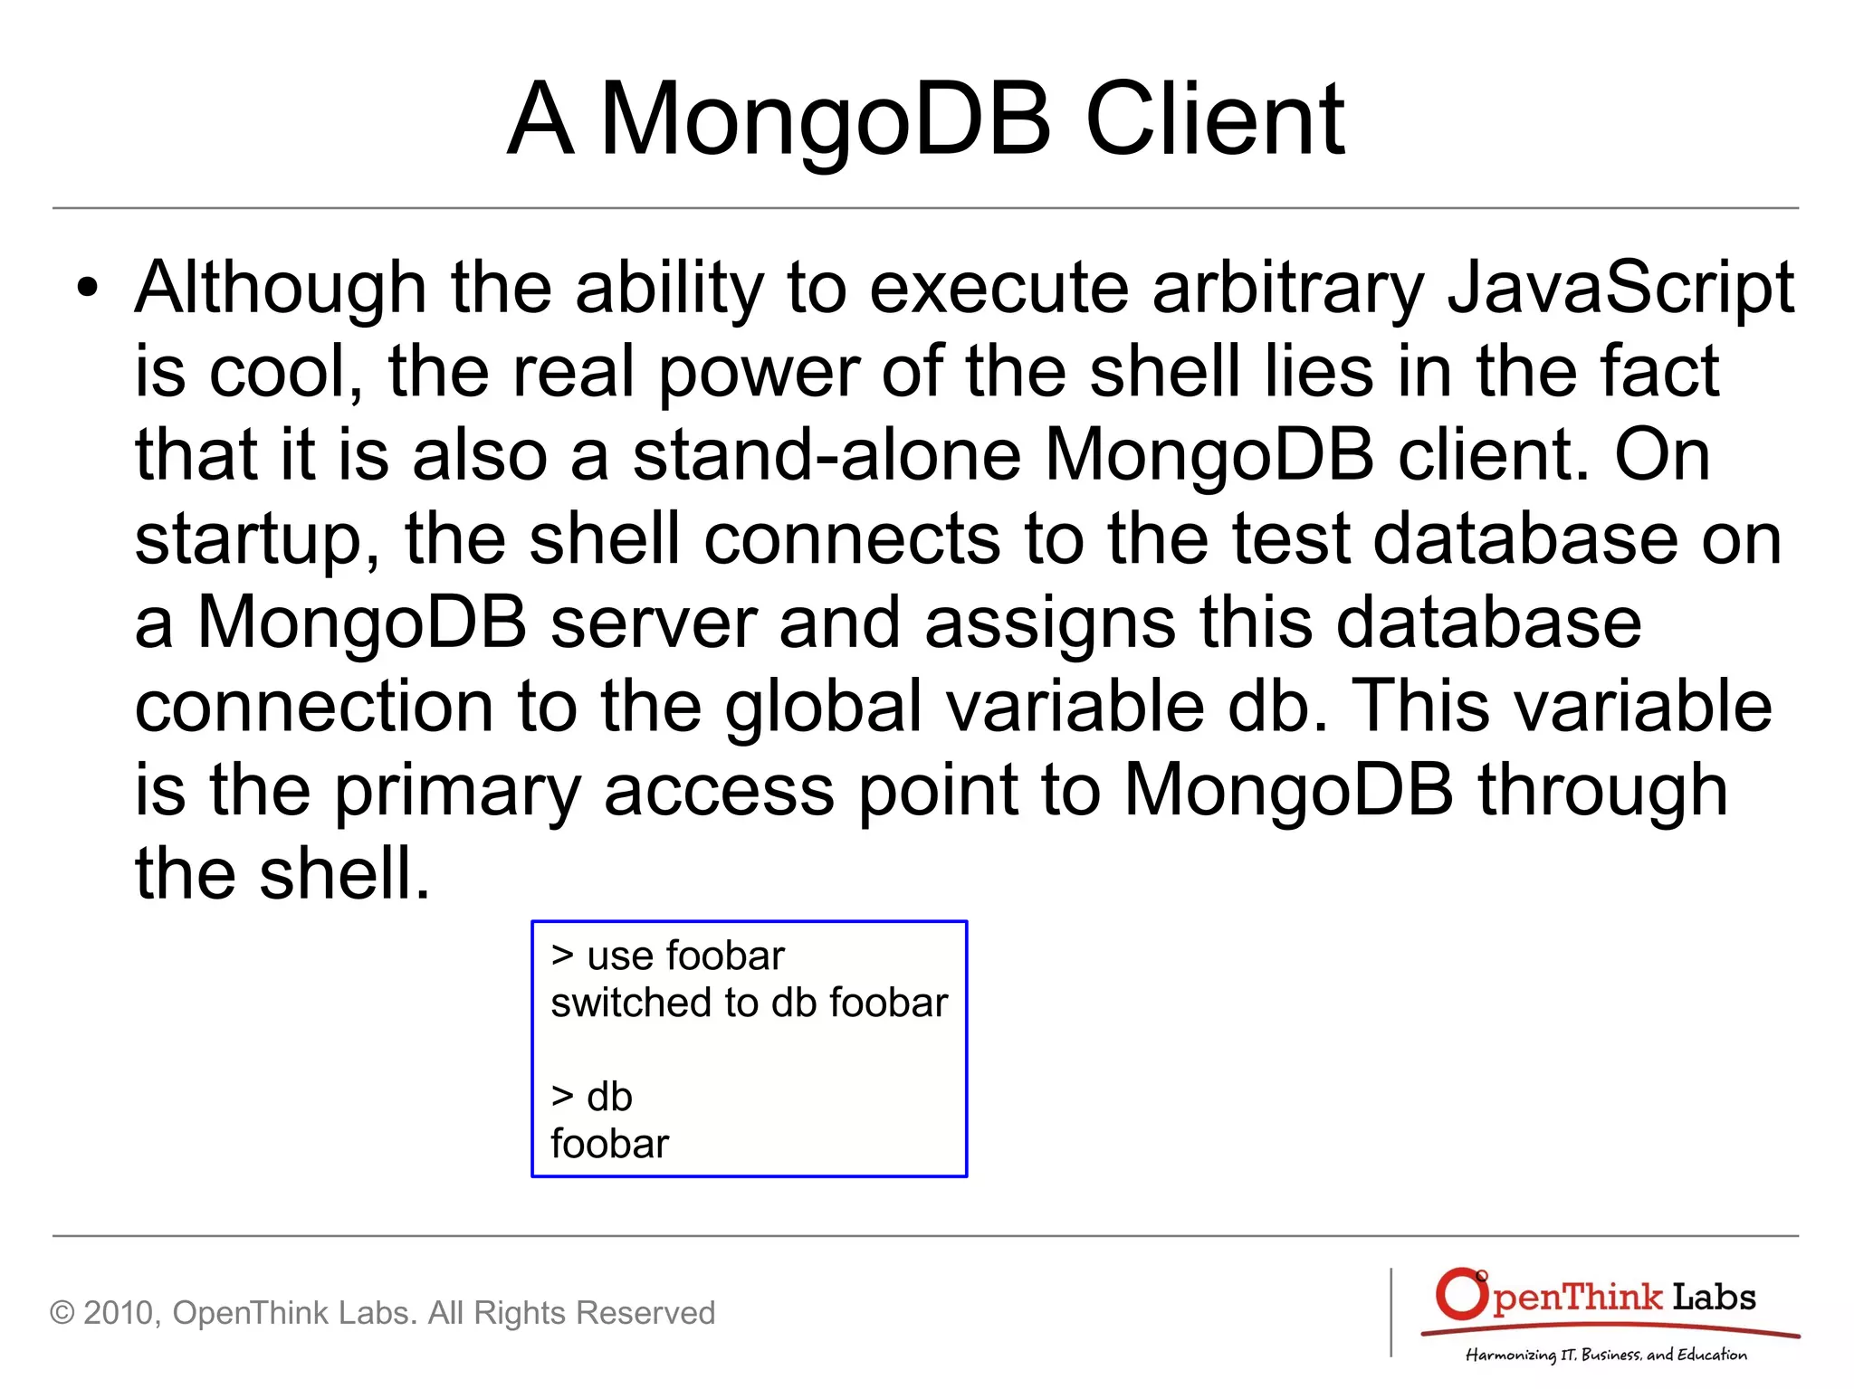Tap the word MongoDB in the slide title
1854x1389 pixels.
pos(825,119)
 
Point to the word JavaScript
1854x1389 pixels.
pos(1620,288)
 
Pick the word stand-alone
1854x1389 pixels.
pos(827,454)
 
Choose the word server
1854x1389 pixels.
pos(654,623)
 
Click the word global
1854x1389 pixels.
pos(823,706)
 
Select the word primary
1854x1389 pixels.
pos(457,790)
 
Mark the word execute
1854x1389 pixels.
pos(999,288)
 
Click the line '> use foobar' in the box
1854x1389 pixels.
pos(667,956)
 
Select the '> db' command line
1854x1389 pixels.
pos(592,1097)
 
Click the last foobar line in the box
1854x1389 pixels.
pos(609,1144)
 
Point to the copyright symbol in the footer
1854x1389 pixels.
pos(62,1313)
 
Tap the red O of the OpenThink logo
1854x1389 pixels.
pos(1460,1295)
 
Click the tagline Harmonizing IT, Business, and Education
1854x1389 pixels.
pos(1606,1355)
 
